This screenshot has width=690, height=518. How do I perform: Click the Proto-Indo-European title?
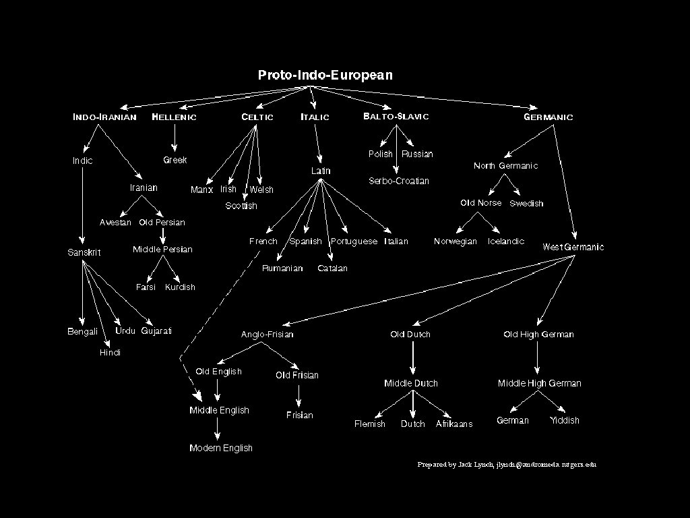(x=325, y=75)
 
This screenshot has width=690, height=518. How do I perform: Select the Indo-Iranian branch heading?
(x=104, y=117)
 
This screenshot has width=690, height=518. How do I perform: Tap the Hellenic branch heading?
(x=175, y=117)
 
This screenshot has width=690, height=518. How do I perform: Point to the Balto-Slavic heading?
(x=396, y=117)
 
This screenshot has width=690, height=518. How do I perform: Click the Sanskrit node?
(x=84, y=252)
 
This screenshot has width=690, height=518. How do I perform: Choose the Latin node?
(x=321, y=171)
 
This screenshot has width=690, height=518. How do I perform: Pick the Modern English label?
(x=221, y=448)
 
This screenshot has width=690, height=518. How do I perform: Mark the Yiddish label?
(x=564, y=420)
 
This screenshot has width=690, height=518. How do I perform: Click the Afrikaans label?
(x=454, y=424)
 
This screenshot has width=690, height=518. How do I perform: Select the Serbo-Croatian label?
(x=399, y=181)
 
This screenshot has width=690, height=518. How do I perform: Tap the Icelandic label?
(x=506, y=241)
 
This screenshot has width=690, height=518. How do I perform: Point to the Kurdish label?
(x=180, y=287)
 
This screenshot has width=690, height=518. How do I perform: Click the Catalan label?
(x=333, y=268)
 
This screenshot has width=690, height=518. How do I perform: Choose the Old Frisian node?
(x=297, y=375)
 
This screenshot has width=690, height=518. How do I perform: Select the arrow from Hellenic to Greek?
(x=175, y=138)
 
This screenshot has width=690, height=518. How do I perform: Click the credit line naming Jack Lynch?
(x=507, y=465)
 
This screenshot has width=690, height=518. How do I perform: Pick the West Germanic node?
(x=573, y=247)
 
